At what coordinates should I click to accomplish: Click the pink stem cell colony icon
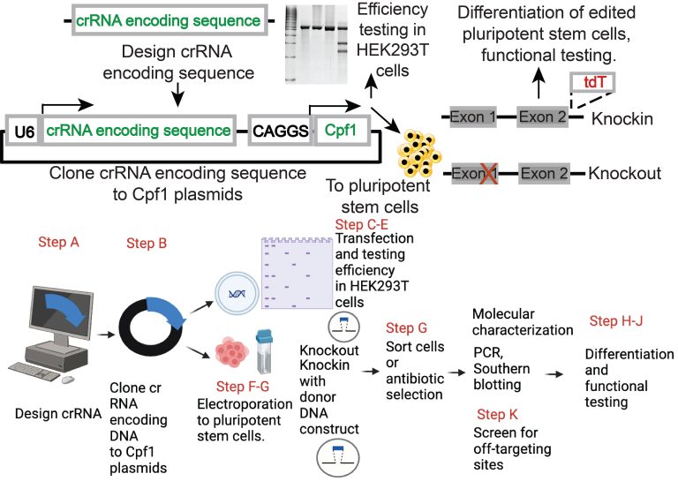(234, 349)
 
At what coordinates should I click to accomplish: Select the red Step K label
(503, 415)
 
